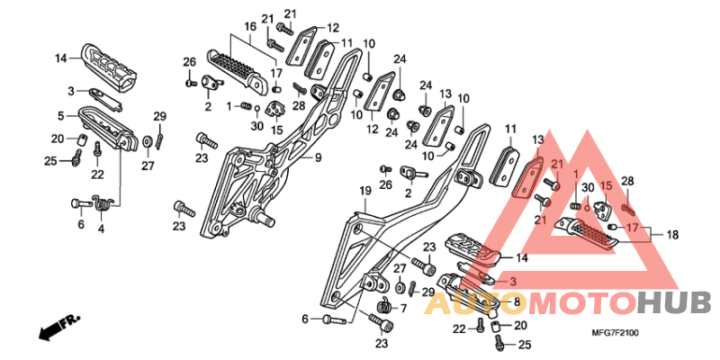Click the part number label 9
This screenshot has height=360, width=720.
(319, 159)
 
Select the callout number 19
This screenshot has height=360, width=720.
(364, 191)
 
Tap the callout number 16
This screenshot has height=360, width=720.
(250, 27)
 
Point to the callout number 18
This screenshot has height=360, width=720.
(671, 235)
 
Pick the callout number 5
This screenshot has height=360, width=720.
(60, 116)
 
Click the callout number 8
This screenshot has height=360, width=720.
(516, 302)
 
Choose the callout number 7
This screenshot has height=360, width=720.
(402, 307)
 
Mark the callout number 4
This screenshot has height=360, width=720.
(101, 229)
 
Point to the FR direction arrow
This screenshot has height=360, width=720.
(58, 327)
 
